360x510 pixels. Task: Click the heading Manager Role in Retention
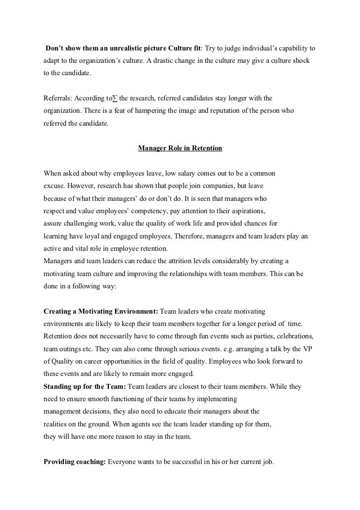pos(180,148)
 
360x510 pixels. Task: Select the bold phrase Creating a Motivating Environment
pos(101,312)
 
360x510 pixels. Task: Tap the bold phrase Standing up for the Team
pos(85,386)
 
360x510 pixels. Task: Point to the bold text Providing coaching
pos(75,462)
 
